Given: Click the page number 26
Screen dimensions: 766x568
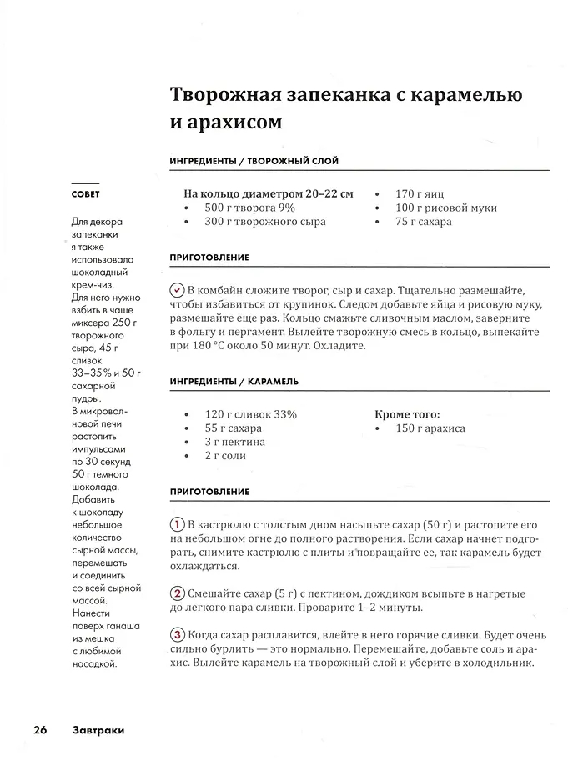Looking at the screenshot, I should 40,730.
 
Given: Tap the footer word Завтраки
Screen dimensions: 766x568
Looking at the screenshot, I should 98,730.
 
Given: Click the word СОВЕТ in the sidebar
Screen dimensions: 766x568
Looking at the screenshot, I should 85,194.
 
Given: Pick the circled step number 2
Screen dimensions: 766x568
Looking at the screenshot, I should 177,593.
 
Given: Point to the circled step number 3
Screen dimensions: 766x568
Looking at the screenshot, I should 177,633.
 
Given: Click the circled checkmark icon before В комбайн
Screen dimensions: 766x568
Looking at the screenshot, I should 177,290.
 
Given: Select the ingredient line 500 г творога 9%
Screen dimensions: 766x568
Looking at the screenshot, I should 250,208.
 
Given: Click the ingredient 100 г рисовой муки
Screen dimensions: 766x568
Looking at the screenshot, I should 446,208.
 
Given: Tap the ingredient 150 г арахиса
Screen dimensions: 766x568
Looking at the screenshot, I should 430,428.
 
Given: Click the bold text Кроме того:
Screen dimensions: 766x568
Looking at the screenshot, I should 407,413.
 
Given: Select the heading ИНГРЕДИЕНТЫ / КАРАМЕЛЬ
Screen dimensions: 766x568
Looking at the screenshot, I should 234,381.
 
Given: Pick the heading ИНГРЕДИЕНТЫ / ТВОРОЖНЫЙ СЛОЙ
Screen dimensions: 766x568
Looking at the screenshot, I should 254,161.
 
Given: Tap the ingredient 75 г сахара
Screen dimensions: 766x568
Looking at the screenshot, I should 424,222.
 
